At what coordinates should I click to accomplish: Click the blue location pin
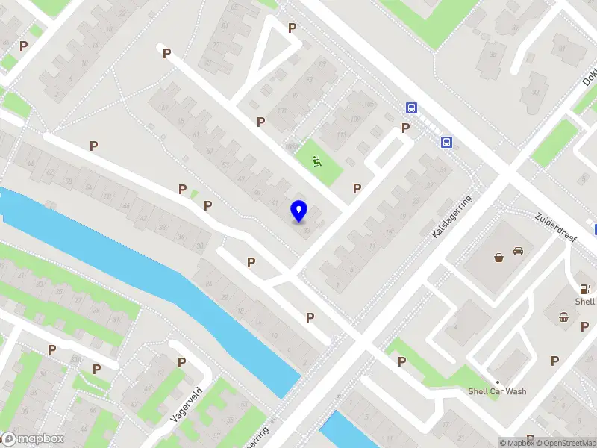click(x=298, y=211)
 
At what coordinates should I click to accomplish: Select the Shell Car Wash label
click(x=497, y=391)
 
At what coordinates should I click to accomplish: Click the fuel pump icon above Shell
click(x=586, y=289)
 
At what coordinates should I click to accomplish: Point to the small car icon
click(x=518, y=252)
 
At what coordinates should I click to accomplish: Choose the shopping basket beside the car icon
click(x=498, y=258)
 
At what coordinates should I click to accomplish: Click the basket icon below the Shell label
click(x=564, y=317)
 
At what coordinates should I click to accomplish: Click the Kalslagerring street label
click(x=452, y=217)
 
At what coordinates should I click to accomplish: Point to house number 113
click(x=342, y=134)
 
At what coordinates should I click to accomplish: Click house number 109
click(x=354, y=119)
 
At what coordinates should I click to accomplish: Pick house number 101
click(x=282, y=111)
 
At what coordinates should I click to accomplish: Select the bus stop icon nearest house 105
click(x=411, y=108)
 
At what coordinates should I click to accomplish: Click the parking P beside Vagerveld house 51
click(x=181, y=362)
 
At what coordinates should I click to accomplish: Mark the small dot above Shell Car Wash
click(x=497, y=382)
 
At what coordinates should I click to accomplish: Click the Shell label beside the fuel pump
click(x=585, y=302)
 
